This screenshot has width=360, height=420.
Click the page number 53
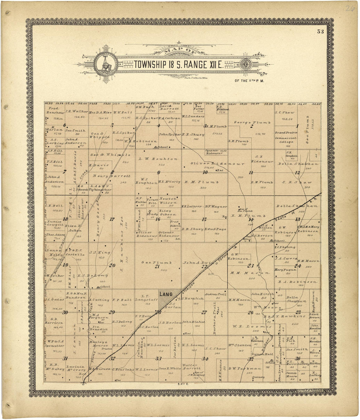pos(320,32)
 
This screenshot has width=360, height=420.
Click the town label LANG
pos(166,294)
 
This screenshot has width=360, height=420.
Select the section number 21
pos(157,267)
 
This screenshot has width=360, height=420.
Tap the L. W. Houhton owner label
pos(158,159)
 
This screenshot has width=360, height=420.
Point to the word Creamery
pos(258,377)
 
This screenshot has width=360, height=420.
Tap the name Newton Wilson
pos(168,201)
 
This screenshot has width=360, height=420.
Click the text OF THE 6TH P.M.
pos(249,80)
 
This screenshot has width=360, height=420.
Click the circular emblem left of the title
pos(103,64)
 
